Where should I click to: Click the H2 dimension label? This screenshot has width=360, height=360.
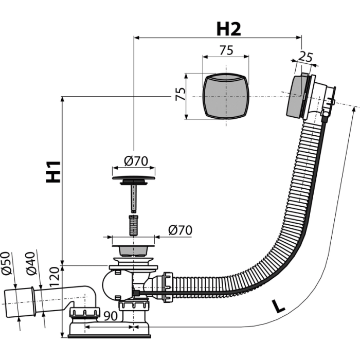coord(229,29)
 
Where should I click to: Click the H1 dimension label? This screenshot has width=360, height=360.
coord(53,172)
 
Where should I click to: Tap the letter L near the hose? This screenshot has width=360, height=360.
coord(278,307)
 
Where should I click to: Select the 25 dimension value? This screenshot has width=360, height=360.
coord(305,57)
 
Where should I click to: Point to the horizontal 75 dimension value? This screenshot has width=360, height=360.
coord(226,50)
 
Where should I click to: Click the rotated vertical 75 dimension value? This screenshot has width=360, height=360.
coord(181,94)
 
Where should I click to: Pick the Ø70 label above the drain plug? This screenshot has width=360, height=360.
coord(136,161)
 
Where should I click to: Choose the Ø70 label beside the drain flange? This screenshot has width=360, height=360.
coord(180,230)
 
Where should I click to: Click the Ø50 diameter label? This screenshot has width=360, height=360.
coord(6,263)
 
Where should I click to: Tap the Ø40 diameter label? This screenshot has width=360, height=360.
coord(31,263)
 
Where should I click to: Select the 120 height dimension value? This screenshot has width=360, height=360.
coord(55,277)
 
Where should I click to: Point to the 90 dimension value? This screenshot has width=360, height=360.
coord(111,316)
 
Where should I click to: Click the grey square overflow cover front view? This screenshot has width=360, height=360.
coord(226,97)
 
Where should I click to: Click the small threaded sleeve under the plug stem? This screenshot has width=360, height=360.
coord(133,225)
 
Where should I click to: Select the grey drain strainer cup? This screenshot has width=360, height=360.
coord(133,251)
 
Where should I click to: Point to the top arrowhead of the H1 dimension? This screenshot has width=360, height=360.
coord(62,99)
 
